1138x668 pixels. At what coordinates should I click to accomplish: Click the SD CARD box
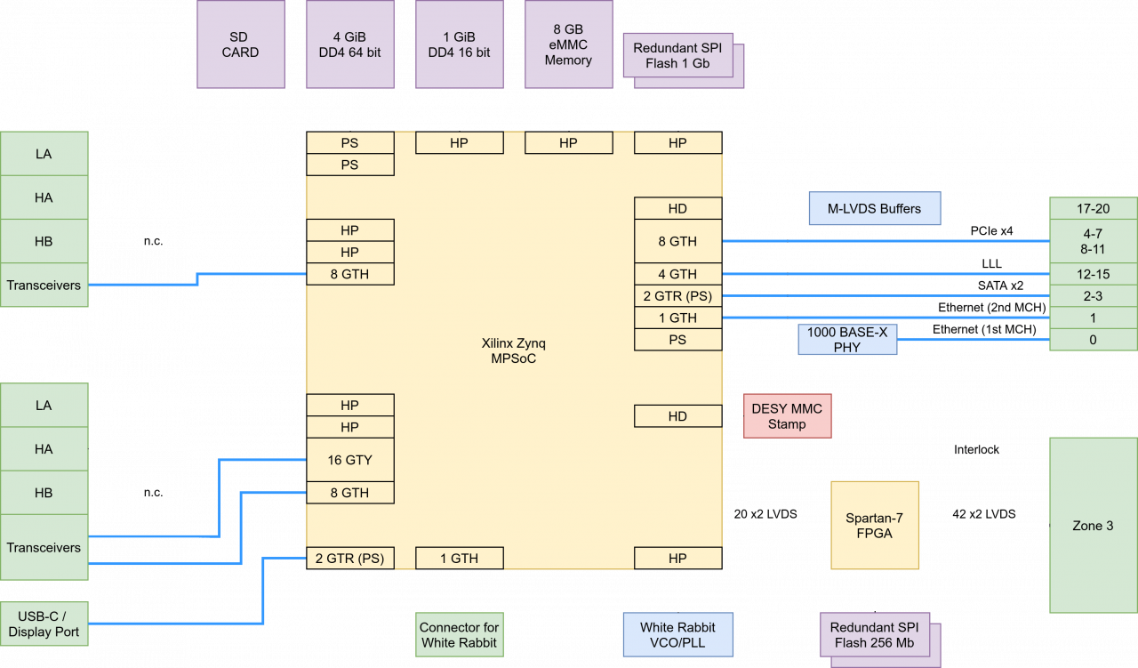point(240,44)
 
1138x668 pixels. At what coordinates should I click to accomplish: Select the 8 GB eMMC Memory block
point(568,44)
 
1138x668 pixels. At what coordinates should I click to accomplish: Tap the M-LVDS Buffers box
point(875,209)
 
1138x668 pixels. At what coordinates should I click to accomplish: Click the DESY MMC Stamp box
point(787,416)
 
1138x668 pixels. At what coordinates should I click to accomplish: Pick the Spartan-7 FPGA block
point(875,525)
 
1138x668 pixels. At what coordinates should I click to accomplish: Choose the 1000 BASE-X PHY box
point(847,339)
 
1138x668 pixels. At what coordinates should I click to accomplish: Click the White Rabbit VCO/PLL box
point(677,635)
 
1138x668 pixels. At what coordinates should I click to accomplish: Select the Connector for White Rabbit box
point(460,635)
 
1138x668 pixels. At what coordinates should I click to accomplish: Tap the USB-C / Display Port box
point(44,624)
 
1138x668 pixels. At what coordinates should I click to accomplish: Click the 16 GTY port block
point(350,460)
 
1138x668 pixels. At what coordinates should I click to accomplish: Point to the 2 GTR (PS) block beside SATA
point(677,296)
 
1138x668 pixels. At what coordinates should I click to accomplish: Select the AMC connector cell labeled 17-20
point(1093,209)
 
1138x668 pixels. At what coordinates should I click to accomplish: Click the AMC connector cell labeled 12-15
point(1093,274)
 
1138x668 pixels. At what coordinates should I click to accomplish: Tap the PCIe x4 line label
point(991,231)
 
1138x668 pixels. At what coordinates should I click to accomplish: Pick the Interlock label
point(976,449)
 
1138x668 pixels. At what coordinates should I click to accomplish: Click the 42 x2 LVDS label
point(984,514)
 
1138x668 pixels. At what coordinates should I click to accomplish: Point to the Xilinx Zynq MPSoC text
point(509,350)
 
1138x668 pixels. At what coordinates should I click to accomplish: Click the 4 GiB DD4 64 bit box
point(350,44)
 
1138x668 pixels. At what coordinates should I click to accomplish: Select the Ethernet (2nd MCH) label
point(991,308)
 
